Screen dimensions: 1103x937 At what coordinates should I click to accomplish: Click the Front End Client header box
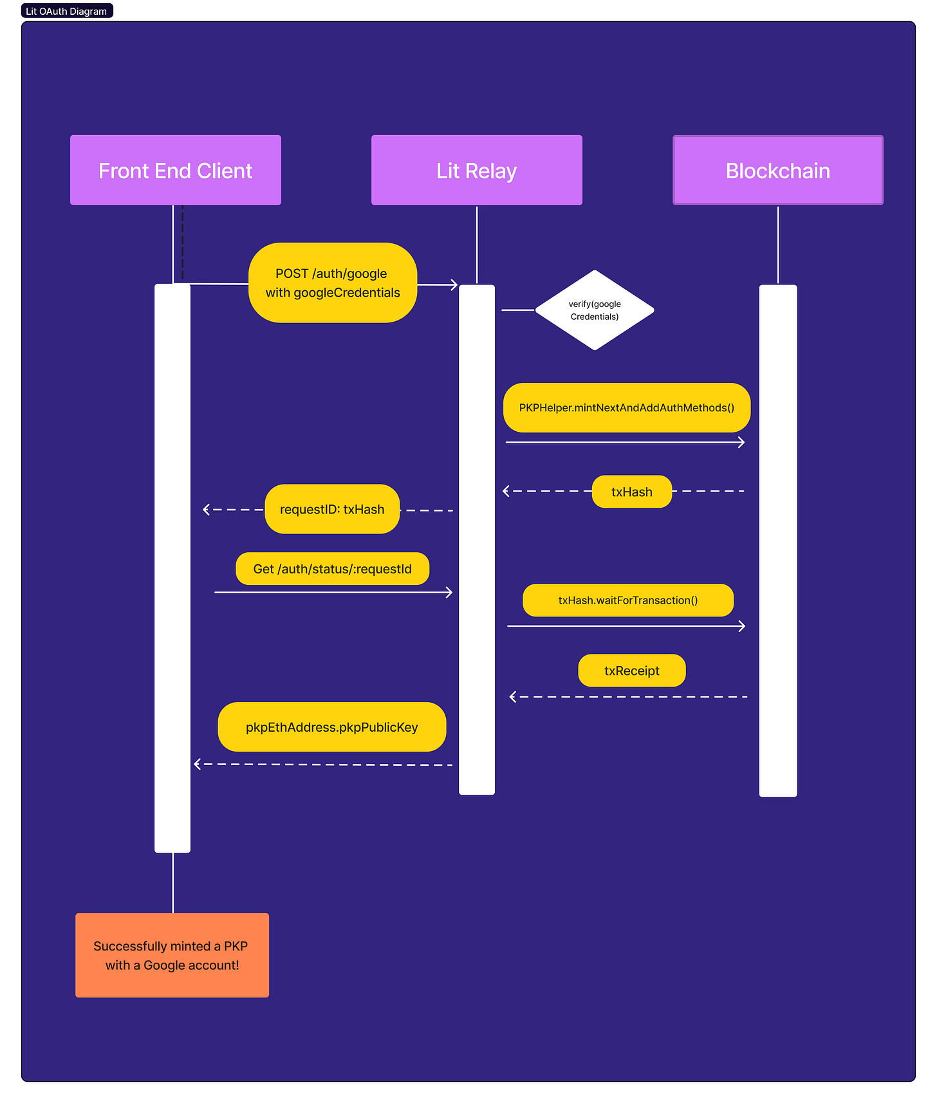pos(175,171)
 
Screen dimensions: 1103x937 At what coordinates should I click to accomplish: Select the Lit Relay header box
pos(476,171)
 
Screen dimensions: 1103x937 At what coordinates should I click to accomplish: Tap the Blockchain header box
pos(777,171)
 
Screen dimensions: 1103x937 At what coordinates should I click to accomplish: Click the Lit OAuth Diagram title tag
pos(66,11)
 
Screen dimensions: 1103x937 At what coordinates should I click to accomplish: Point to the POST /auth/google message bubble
pos(333,283)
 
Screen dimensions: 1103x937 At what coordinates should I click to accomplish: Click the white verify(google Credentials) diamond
pos(595,310)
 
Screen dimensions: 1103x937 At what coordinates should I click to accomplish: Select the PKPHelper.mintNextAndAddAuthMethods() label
pos(626,408)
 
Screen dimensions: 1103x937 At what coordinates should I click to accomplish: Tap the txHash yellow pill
pos(631,492)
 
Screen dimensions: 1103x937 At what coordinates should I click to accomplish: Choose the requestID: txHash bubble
pos(332,510)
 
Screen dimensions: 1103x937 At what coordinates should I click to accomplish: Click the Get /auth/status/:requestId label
pos(332,569)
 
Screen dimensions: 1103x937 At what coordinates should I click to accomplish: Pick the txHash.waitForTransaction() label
pos(627,600)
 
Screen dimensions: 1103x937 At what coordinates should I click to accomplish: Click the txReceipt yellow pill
pos(631,671)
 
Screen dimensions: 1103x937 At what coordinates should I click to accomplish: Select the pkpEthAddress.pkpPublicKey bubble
pos(331,727)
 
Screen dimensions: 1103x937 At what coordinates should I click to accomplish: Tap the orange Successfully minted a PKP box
pos(172,956)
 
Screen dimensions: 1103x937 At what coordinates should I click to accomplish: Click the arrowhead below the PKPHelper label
pos(741,443)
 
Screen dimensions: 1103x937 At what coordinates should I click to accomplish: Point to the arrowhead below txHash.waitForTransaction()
pos(742,626)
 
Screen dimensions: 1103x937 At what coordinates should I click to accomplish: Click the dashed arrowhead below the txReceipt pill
pos(513,697)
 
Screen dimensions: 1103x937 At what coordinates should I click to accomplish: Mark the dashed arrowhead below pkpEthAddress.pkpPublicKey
pos(198,765)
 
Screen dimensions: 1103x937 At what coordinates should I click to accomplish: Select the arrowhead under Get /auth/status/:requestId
pos(449,593)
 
